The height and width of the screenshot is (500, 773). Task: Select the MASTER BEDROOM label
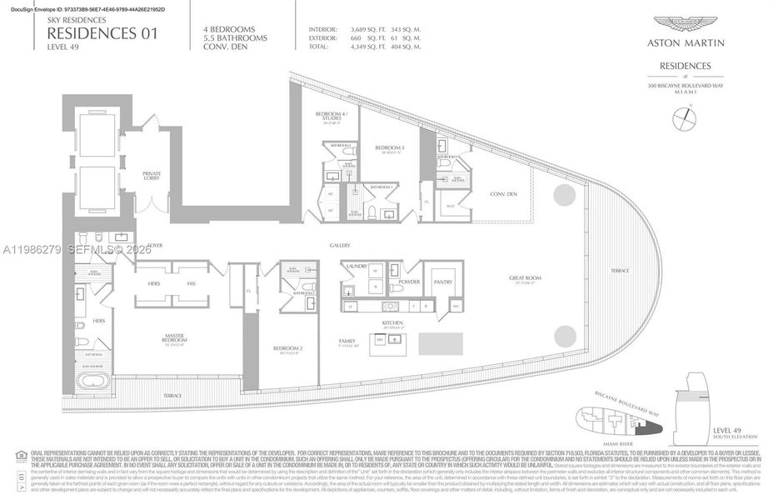click(x=172, y=338)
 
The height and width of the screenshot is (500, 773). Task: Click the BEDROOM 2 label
click(x=287, y=349)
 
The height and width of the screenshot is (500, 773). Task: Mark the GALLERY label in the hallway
click(x=339, y=246)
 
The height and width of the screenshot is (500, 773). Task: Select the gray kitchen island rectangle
click(x=441, y=343)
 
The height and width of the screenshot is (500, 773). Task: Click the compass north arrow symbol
click(x=685, y=118)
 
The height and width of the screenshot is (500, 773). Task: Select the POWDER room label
click(x=410, y=282)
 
